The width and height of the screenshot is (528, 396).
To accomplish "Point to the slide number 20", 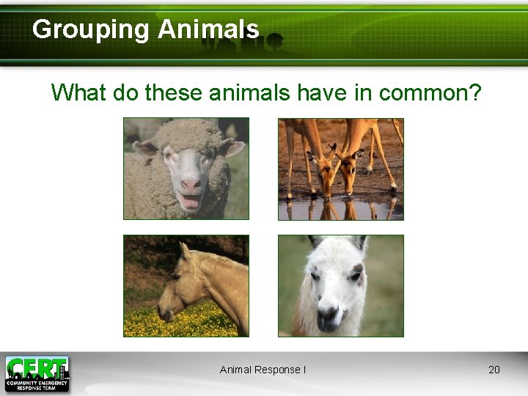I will [x=494, y=370].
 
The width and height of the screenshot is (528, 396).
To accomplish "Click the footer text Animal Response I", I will [x=263, y=370].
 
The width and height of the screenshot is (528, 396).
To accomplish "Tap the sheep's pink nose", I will [x=190, y=184].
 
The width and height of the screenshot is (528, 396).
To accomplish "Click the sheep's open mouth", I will [x=190, y=201].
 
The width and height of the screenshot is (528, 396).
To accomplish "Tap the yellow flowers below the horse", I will [x=191, y=323].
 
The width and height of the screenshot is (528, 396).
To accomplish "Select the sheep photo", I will [x=186, y=169].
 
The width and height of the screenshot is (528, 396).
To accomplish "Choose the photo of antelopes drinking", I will [x=341, y=169].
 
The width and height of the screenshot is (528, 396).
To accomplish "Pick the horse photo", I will [x=186, y=286].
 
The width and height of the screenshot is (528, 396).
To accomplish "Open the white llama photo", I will [x=341, y=286].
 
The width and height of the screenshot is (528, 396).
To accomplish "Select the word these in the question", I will [x=175, y=93].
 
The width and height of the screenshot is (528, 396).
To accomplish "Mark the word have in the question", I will [x=323, y=93].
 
